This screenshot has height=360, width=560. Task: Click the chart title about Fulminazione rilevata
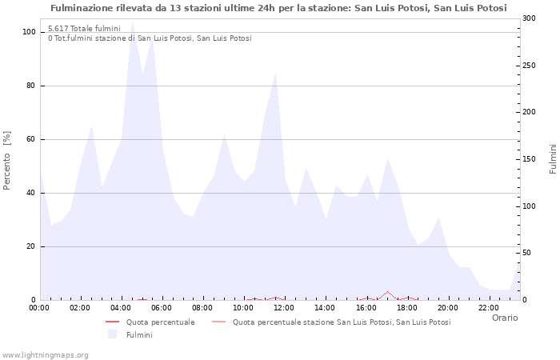point(278,8)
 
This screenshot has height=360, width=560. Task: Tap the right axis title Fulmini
point(553,158)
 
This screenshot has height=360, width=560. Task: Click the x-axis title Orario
point(504,318)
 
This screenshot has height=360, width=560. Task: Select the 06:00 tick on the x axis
point(162,306)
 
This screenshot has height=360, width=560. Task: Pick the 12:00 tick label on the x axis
point(285,306)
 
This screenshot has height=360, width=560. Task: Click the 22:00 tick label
point(489,306)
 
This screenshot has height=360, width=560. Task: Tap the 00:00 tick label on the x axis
point(40,306)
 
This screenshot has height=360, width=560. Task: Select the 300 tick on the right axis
point(529,18)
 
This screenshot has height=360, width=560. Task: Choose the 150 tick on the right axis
point(529,159)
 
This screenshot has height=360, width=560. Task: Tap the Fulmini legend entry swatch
point(112,334)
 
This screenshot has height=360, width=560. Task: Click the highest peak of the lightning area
point(132,22)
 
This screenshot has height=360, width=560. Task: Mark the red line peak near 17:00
point(387,292)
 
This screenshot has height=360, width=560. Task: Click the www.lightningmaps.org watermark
point(45,355)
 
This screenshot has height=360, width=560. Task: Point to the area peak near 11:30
point(275,74)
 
